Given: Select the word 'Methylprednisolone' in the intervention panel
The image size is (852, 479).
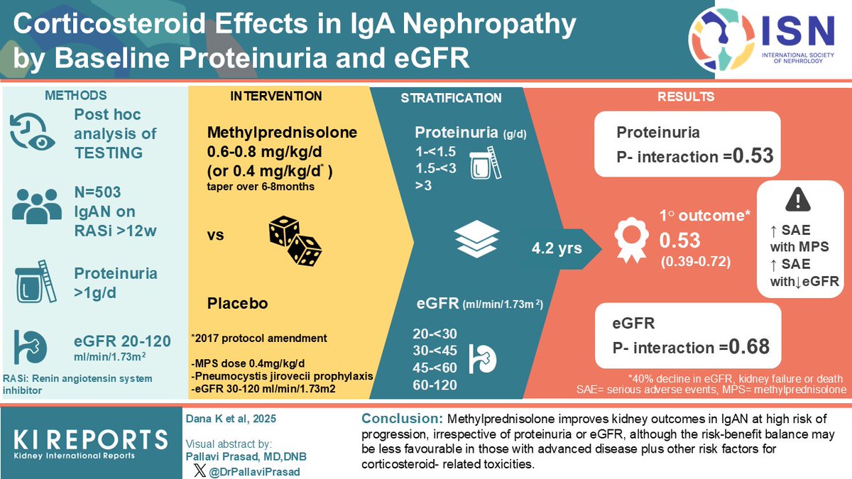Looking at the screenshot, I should click(283, 133).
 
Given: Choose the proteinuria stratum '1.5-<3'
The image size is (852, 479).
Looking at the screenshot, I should click(436, 167).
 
